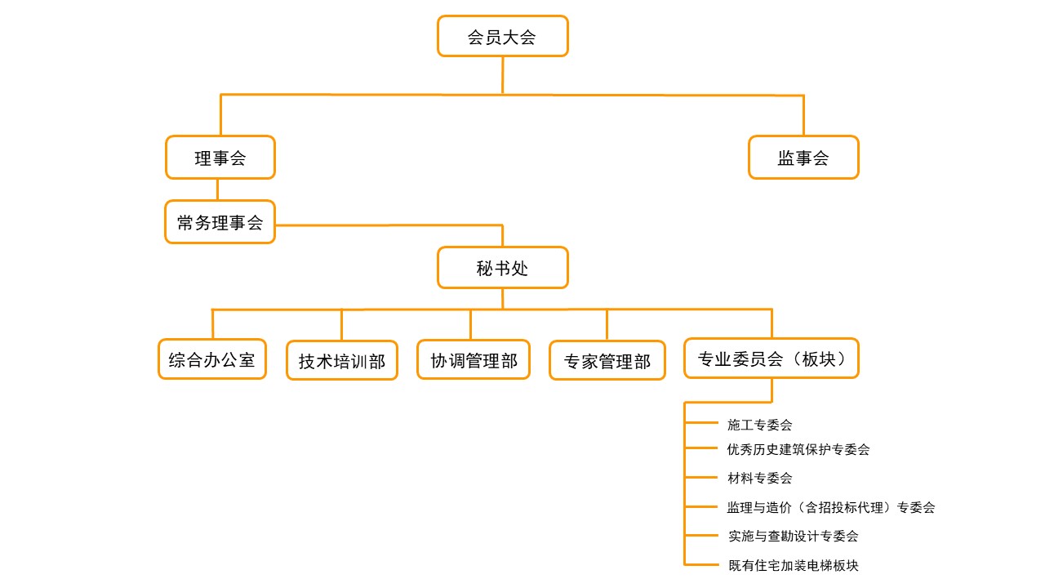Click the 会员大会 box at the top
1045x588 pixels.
click(x=502, y=37)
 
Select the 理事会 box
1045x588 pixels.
click(x=220, y=158)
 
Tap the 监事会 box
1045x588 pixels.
click(x=803, y=158)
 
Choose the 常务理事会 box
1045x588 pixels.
click(x=220, y=222)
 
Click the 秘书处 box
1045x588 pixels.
click(x=502, y=268)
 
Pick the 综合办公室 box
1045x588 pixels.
click(x=212, y=359)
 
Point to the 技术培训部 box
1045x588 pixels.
click(x=342, y=361)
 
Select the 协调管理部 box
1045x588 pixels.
click(x=474, y=360)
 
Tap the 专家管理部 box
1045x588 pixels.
click(x=607, y=361)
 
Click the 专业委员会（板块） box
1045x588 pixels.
click(x=772, y=359)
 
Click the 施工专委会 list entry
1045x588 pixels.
click(x=759, y=425)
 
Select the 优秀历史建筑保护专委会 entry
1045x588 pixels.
click(x=798, y=449)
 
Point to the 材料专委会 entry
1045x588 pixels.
click(x=759, y=478)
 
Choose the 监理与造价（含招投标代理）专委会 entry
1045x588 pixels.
click(x=830, y=507)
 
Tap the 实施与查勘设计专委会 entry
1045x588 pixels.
click(x=793, y=536)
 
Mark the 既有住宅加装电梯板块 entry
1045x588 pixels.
click(x=793, y=565)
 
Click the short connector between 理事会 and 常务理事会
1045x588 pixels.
click(x=218, y=189)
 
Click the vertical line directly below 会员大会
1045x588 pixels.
click(x=502, y=75)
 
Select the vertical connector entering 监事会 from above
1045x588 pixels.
click(x=803, y=115)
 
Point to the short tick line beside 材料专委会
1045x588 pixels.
click(x=700, y=478)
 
